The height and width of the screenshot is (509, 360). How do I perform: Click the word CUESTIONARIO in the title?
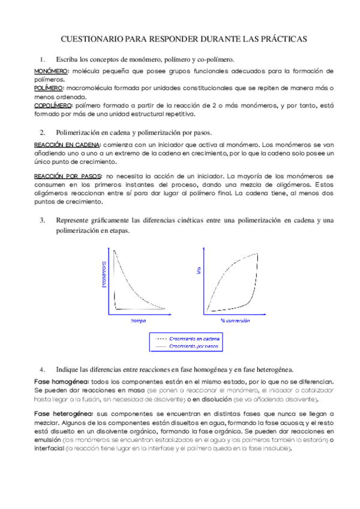pyautogui.click(x=92, y=39)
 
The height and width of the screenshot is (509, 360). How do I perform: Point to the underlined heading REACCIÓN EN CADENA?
pyautogui.click(x=67, y=145)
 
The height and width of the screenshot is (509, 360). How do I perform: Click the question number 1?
pyautogui.click(x=42, y=59)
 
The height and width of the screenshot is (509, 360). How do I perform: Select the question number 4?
pyautogui.click(x=43, y=369)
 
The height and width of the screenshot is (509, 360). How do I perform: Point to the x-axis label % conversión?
pyautogui.click(x=235, y=321)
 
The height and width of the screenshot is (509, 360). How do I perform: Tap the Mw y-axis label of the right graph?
pyautogui.click(x=198, y=271)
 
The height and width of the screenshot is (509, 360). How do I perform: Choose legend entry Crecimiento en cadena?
pyautogui.click(x=194, y=339)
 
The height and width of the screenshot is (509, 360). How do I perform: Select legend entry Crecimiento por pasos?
pyautogui.click(x=194, y=346)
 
